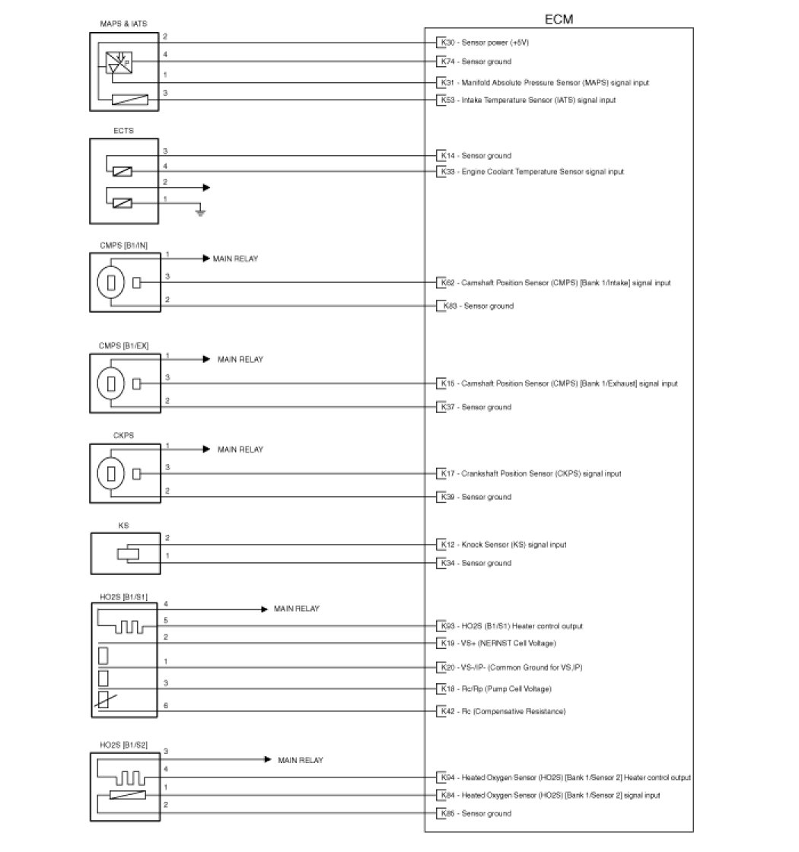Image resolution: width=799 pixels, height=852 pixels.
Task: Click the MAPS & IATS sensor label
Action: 124,24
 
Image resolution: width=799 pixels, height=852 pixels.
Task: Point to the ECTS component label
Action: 124,131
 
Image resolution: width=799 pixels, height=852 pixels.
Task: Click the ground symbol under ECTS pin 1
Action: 200,211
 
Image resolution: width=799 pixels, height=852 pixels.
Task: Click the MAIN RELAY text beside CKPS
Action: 240,450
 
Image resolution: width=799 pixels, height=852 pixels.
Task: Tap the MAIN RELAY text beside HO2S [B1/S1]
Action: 297,609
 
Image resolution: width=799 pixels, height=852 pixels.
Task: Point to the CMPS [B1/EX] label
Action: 124,346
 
